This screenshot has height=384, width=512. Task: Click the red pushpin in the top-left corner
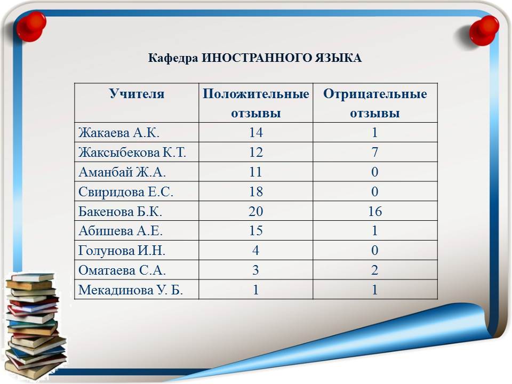(x=31, y=27)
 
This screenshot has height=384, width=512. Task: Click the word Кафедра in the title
(x=173, y=58)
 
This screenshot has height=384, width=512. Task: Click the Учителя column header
(x=137, y=94)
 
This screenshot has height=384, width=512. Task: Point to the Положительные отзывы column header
(x=255, y=103)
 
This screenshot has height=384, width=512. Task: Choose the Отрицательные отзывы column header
(x=375, y=103)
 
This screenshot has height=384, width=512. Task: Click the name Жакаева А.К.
(x=119, y=133)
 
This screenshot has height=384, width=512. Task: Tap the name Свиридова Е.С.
(x=126, y=191)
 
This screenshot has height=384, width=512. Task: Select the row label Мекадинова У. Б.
(x=131, y=290)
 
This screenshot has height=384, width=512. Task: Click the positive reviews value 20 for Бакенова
(x=255, y=211)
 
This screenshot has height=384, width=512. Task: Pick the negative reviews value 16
(x=375, y=211)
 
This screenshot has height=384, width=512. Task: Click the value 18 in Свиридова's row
(x=255, y=191)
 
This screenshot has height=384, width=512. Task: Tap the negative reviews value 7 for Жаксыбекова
(x=375, y=152)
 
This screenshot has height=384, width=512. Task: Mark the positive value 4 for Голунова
(x=255, y=251)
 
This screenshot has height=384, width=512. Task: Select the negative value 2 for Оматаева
(x=375, y=270)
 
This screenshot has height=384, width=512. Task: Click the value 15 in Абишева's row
(x=255, y=231)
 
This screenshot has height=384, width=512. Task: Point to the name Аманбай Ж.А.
(x=122, y=172)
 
